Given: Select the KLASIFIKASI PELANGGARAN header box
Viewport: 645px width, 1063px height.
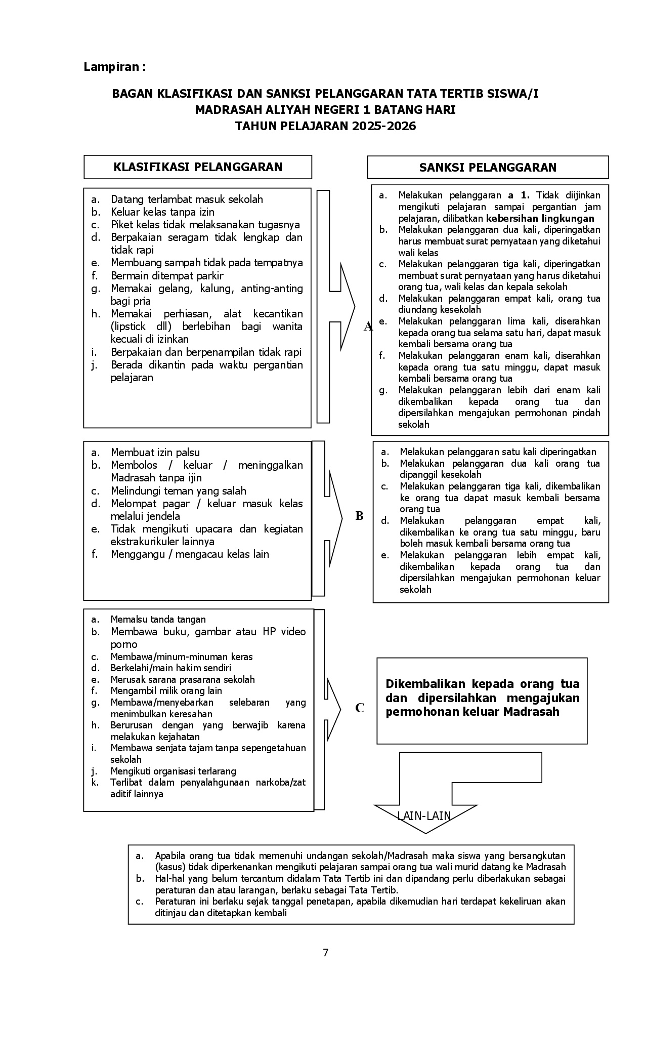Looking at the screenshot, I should pyautogui.click(x=198, y=167).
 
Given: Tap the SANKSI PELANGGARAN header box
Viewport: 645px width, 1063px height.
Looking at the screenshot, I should pyautogui.click(x=488, y=168).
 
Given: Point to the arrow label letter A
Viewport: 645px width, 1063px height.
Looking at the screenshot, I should pyautogui.click(x=368, y=327).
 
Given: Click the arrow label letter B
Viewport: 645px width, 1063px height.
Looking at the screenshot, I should pyautogui.click(x=359, y=516).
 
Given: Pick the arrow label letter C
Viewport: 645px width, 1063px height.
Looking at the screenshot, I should pyautogui.click(x=360, y=708).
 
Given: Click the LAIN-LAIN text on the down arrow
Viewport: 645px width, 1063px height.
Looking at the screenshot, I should pyautogui.click(x=424, y=815).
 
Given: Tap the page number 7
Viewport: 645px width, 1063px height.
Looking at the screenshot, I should pyautogui.click(x=325, y=953).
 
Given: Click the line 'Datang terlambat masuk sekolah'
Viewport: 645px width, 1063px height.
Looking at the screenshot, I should pyautogui.click(x=187, y=199).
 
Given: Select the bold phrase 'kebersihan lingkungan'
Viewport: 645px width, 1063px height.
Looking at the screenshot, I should pyautogui.click(x=540, y=219).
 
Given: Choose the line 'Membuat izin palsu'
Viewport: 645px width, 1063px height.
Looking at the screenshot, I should pyautogui.click(x=155, y=453).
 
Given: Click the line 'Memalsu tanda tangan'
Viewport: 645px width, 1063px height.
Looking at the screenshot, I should pyautogui.click(x=158, y=620).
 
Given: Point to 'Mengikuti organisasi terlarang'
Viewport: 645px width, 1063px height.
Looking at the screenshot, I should pyautogui.click(x=173, y=771).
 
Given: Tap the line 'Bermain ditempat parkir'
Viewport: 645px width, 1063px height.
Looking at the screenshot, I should pyautogui.click(x=167, y=276).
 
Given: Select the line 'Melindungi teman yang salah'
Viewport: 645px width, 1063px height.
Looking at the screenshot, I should pyautogui.click(x=178, y=491).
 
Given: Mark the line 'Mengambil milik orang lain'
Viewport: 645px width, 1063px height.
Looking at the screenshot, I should pyautogui.click(x=166, y=691).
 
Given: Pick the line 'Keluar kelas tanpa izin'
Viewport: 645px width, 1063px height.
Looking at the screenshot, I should pyautogui.click(x=162, y=212).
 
